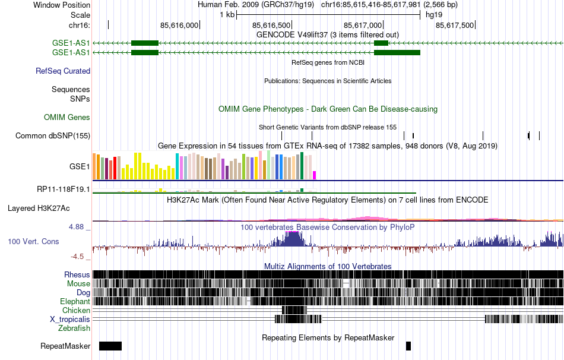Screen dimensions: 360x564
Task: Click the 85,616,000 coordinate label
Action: [x=180, y=26]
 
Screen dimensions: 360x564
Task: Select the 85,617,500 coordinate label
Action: [x=455, y=26]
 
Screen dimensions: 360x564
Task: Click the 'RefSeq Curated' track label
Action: [x=63, y=71]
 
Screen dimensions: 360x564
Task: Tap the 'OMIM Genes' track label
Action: [x=67, y=118]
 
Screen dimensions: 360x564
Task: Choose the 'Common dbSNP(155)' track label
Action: [x=53, y=136]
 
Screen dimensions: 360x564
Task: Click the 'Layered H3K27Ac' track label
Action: [x=39, y=209]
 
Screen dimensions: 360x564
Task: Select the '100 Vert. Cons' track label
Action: [x=33, y=242]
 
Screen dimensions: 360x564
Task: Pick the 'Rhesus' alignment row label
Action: [x=77, y=275]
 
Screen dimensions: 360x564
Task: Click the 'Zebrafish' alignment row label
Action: [x=74, y=328]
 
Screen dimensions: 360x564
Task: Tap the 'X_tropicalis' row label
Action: [x=70, y=319]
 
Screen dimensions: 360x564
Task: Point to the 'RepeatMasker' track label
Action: [x=65, y=346]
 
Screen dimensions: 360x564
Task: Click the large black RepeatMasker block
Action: [x=110, y=346]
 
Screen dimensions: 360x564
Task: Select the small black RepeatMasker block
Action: [x=408, y=346]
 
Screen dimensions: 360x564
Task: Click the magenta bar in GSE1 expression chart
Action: [x=315, y=175]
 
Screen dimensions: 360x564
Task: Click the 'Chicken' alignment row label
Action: [x=77, y=310]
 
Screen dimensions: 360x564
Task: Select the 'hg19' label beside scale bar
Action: [x=434, y=15]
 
